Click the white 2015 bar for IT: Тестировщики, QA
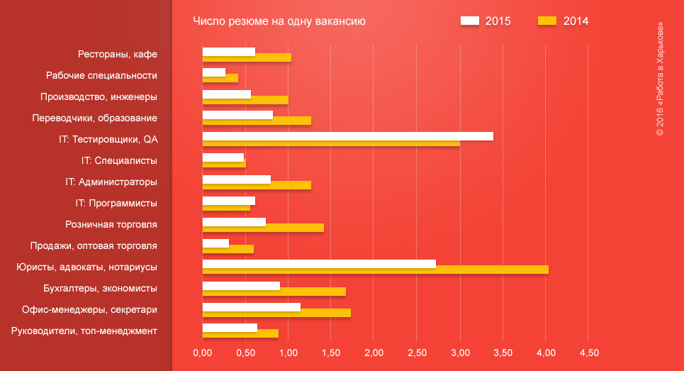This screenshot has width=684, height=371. [347, 136]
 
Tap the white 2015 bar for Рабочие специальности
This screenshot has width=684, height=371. [213, 72]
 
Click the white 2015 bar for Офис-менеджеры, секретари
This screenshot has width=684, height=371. [251, 307]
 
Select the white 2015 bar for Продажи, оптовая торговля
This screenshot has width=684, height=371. [215, 243]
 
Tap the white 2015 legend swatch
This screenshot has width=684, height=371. [469, 21]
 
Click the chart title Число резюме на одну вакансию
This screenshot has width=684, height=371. [279, 21]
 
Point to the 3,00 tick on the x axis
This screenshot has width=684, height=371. [460, 353]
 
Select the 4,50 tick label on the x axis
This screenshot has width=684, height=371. [589, 353]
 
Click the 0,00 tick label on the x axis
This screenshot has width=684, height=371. [203, 353]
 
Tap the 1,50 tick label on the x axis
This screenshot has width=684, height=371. [331, 353]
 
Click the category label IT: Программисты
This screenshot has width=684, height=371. [116, 204]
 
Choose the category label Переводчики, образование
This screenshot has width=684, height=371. [99, 118]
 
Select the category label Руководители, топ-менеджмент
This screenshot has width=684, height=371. [84, 331]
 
